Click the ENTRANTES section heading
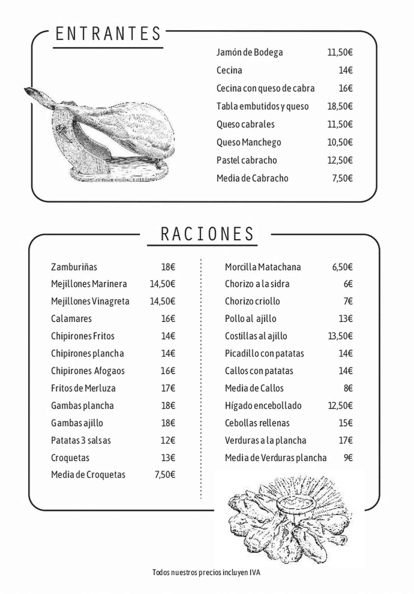pyautogui.click(x=108, y=34)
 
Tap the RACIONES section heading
pyautogui.click(x=207, y=234)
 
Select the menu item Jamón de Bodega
pyautogui.click(x=250, y=52)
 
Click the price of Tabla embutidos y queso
pyautogui.click(x=340, y=106)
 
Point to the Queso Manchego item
pyautogui.click(x=248, y=142)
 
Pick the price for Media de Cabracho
pyautogui.click(x=342, y=178)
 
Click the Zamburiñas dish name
pyautogui.click(x=74, y=267)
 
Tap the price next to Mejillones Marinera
pyautogui.click(x=162, y=284)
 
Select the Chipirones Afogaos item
pyautogui.click(x=88, y=371)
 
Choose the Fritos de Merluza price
pyautogui.click(x=168, y=388)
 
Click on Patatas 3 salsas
pyautogui.click(x=81, y=440)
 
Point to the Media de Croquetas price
pyautogui.click(x=165, y=474)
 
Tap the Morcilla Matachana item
pyautogui.click(x=263, y=267)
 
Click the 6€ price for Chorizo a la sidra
pyautogui.click(x=348, y=284)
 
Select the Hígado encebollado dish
pyautogui.click(x=263, y=405)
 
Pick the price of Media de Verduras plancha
pyautogui.click(x=348, y=457)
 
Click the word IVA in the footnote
pyautogui.click(x=255, y=573)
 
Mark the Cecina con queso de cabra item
pyautogui.click(x=265, y=88)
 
